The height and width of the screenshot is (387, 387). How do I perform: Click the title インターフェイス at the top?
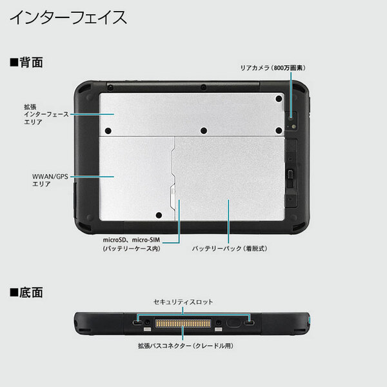coord(68,17)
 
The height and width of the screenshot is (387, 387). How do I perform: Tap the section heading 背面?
coord(26,63)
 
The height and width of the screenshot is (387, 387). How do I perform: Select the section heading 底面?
coord(26,292)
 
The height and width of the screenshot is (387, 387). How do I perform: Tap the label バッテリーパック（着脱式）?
coord(229,248)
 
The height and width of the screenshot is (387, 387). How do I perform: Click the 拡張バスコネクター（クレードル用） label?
coord(185,346)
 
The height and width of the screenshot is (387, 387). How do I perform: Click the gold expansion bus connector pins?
coord(183,321)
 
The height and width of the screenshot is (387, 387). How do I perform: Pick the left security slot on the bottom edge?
coord(137,321)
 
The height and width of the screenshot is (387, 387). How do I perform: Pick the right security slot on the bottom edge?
coord(248,321)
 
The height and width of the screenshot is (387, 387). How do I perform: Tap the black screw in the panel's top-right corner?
coord(278,98)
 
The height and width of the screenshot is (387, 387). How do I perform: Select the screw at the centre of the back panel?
coord(203,131)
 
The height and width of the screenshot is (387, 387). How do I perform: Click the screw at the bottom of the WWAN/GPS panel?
coord(159,216)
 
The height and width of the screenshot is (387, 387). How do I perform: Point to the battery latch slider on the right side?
coord(291,174)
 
